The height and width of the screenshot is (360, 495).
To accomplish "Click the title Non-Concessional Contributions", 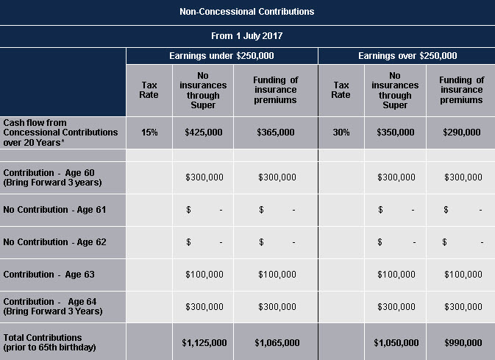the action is pyautogui.click(x=247, y=12).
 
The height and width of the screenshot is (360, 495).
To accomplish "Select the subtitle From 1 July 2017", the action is pyautogui.click(x=247, y=36).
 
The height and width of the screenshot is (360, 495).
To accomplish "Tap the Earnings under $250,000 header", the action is pyautogui.click(x=221, y=56).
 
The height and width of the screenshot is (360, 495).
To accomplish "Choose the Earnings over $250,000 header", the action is pyautogui.click(x=407, y=56).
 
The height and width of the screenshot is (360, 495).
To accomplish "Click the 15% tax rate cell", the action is pyautogui.click(x=149, y=132).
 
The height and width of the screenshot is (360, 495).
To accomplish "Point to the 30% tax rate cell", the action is pyautogui.click(x=341, y=132).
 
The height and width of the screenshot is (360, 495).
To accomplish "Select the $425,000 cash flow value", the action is pyautogui.click(x=204, y=132).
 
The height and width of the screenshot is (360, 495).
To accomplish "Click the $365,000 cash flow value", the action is pyautogui.click(x=276, y=132).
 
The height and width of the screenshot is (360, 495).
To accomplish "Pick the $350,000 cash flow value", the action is pyautogui.click(x=396, y=132).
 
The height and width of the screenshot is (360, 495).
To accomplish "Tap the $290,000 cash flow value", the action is pyautogui.click(x=462, y=132).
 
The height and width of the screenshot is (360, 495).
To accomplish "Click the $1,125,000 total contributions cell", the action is pyautogui.click(x=204, y=342).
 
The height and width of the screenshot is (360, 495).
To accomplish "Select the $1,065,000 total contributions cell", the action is pyautogui.click(x=277, y=342).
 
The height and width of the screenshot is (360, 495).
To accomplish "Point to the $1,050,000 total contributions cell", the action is pyautogui.click(x=396, y=342).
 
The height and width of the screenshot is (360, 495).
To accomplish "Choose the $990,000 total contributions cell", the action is pyautogui.click(x=463, y=342).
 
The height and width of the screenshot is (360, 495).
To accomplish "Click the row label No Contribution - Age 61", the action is pyautogui.click(x=54, y=210).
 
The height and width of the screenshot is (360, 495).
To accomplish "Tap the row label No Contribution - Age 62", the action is pyautogui.click(x=54, y=242).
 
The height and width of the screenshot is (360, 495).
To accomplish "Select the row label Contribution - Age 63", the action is pyautogui.click(x=49, y=275).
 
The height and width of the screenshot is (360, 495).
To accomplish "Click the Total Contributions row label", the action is pyautogui.click(x=49, y=342).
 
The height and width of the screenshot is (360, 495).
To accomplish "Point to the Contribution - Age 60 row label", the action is pyautogui.click(x=52, y=177).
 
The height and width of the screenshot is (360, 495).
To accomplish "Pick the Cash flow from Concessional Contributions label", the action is pyautogui.click(x=60, y=133).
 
